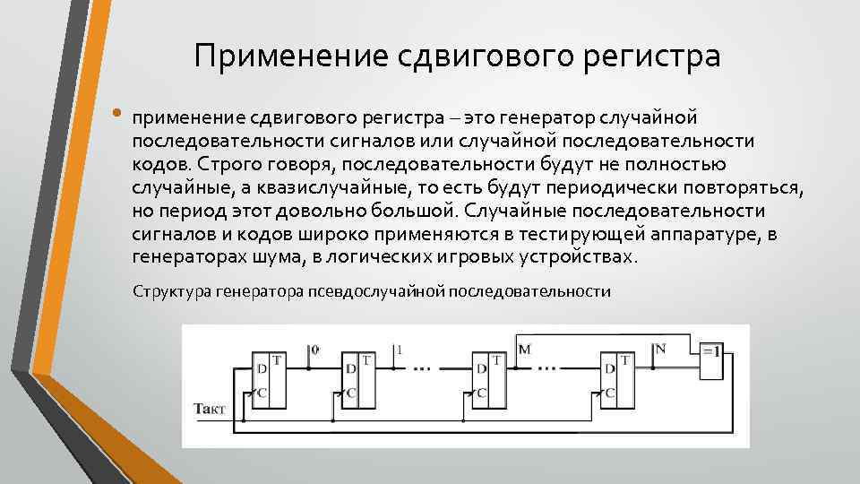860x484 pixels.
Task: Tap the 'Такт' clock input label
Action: [211, 409]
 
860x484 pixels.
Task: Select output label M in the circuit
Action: [524, 348]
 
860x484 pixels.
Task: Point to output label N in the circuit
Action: [659, 348]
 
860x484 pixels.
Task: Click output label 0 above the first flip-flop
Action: [314, 348]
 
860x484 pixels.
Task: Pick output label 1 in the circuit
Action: [400, 348]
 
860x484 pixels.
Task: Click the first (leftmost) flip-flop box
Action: [268, 378]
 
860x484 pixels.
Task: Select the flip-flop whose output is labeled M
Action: [488, 378]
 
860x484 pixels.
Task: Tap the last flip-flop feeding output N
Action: [616, 378]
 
